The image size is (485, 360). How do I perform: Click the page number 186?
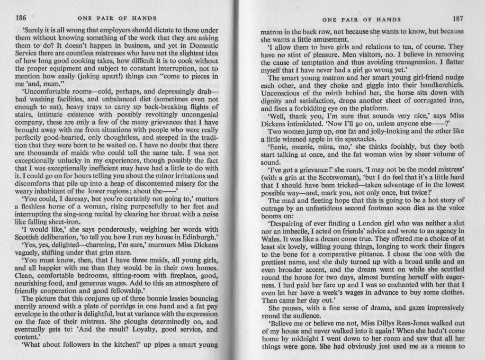tap(20, 18)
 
